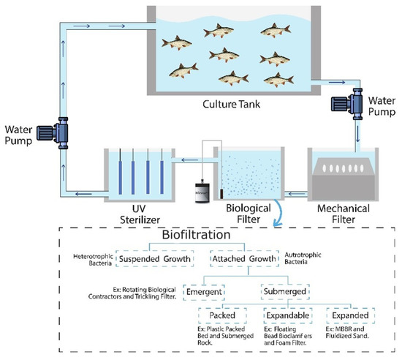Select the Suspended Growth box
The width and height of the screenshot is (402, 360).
pyautogui.click(x=155, y=258)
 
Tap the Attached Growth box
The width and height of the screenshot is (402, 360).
pyautogui.click(x=244, y=258)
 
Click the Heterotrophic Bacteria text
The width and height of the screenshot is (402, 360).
pyautogui.click(x=92, y=259)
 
